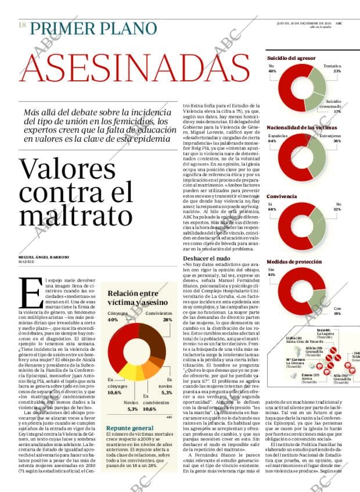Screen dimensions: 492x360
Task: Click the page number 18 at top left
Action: pos(22,26)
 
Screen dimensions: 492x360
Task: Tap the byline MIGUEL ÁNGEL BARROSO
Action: pos(52,257)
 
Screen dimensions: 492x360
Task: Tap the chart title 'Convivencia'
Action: pos(282,197)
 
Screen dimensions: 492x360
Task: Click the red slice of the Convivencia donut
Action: pos(284,223)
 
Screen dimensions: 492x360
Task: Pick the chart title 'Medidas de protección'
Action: pos(294,263)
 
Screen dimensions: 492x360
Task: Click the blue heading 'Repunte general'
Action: pos(129,428)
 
